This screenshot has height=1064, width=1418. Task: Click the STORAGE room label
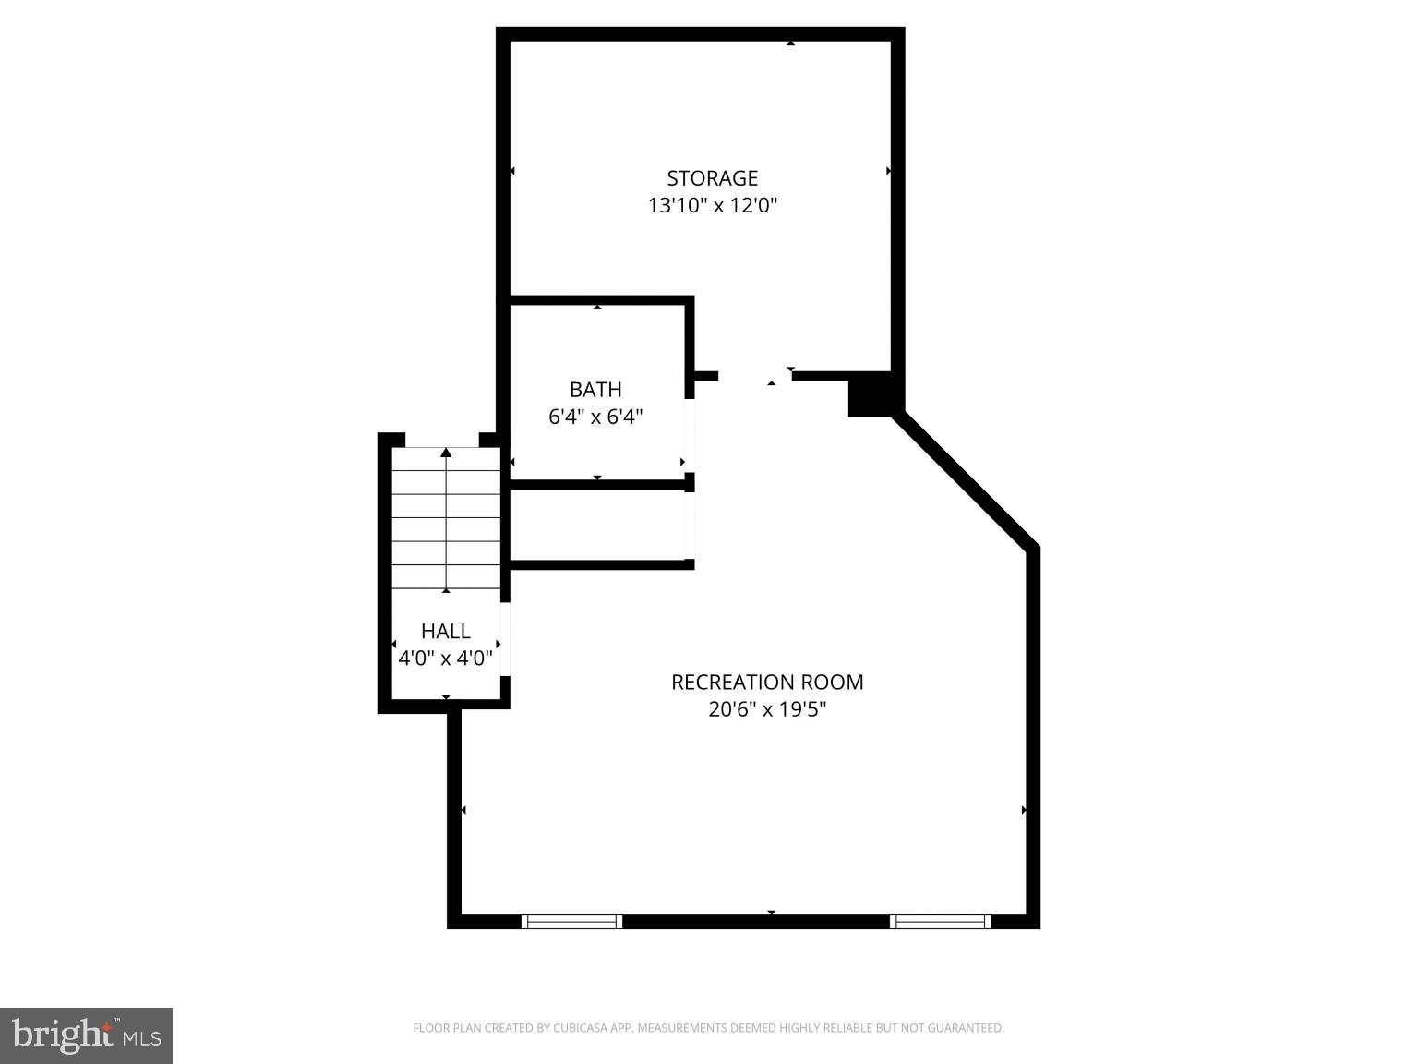point(712,178)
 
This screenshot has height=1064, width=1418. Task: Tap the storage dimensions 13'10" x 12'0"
point(712,205)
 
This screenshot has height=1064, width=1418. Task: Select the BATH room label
point(595,390)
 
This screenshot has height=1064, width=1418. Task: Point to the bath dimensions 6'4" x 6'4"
point(595,417)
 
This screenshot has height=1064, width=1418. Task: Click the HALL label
point(446,632)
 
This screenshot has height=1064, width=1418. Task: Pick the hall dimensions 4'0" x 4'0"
point(446,659)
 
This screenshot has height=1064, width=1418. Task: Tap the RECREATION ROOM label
point(767,683)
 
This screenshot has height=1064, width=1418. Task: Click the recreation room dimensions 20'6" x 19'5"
point(767,709)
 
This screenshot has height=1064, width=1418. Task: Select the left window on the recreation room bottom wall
point(571,921)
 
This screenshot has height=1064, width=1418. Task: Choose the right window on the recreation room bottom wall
point(940,921)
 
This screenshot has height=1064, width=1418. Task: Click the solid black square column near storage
point(869,394)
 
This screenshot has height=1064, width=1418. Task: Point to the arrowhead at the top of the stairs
point(446,453)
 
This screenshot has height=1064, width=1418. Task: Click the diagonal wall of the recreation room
point(966,480)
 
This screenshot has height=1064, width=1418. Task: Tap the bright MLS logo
point(86,1035)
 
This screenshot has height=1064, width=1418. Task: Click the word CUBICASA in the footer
point(592,1028)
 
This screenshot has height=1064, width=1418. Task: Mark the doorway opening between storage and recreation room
point(754,376)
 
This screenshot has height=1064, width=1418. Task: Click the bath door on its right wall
point(690,436)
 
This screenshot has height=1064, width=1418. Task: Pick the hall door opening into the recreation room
point(505,639)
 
